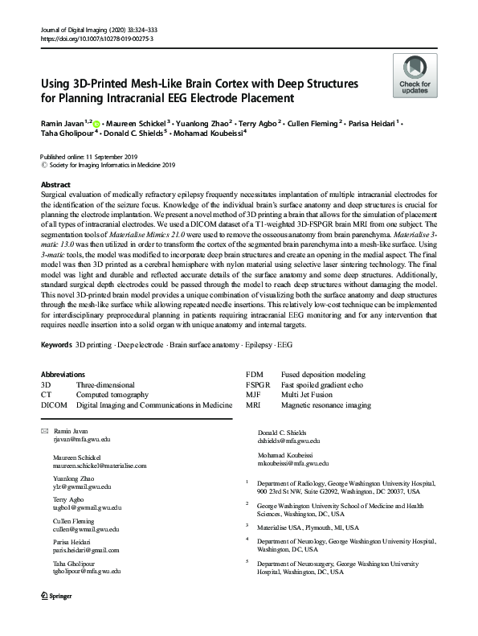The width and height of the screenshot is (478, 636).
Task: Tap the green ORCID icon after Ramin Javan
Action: (96, 124)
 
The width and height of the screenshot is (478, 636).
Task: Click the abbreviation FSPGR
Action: (259, 385)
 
